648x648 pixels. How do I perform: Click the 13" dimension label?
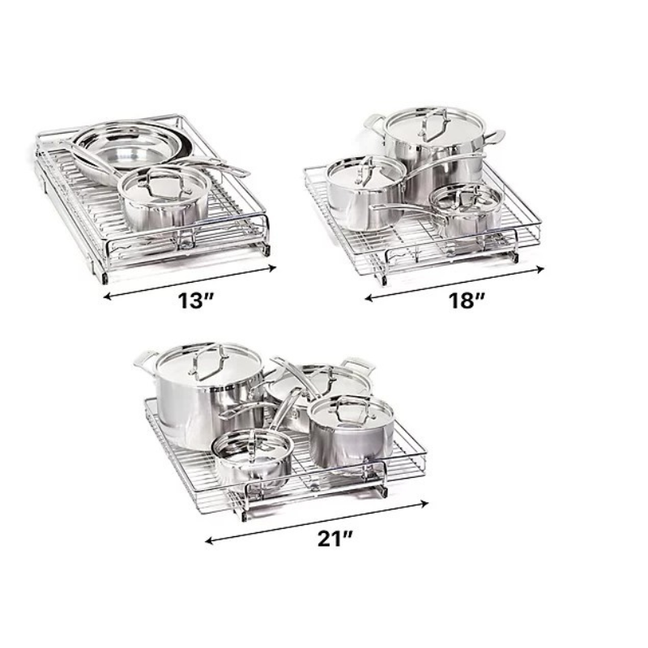[x=194, y=301]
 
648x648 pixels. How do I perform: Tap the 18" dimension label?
[x=467, y=301]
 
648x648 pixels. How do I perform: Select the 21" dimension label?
[x=335, y=539]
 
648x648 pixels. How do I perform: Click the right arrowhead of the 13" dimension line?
[x=272, y=268]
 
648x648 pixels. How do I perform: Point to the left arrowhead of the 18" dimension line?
[x=369, y=297]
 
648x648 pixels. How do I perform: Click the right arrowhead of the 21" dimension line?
[x=424, y=503]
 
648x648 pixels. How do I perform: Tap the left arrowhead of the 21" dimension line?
[x=211, y=540]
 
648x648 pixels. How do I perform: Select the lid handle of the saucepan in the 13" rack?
[x=165, y=185]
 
